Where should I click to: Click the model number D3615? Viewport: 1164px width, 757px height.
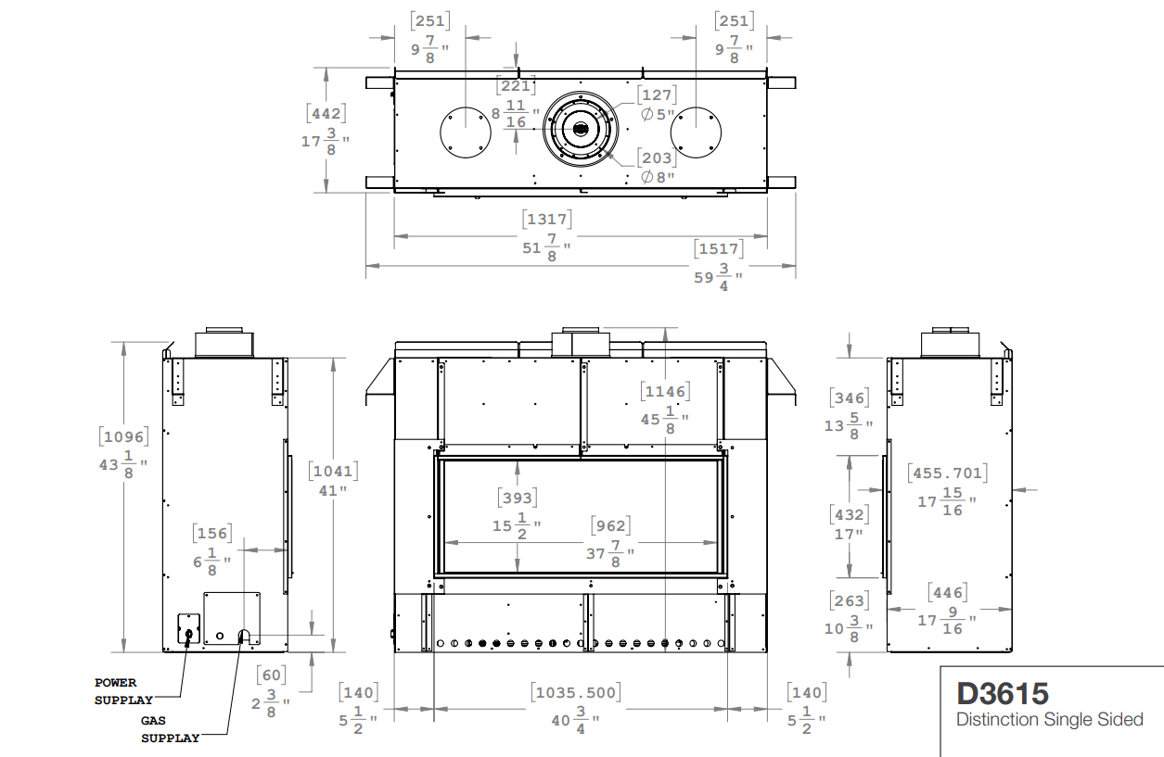(1003, 694)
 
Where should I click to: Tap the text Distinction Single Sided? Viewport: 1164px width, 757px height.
(1049, 720)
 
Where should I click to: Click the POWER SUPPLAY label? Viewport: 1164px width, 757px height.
(123, 691)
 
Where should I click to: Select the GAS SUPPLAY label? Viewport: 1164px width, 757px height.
(170, 729)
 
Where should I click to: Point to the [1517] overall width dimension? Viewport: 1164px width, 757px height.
(719, 248)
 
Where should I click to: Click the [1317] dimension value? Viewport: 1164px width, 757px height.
(547, 219)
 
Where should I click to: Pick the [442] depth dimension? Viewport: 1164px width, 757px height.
(326, 113)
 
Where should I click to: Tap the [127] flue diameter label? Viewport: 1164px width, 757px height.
(657, 95)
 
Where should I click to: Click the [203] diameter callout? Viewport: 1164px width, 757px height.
(657, 158)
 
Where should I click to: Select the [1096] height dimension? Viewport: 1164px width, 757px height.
(123, 436)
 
